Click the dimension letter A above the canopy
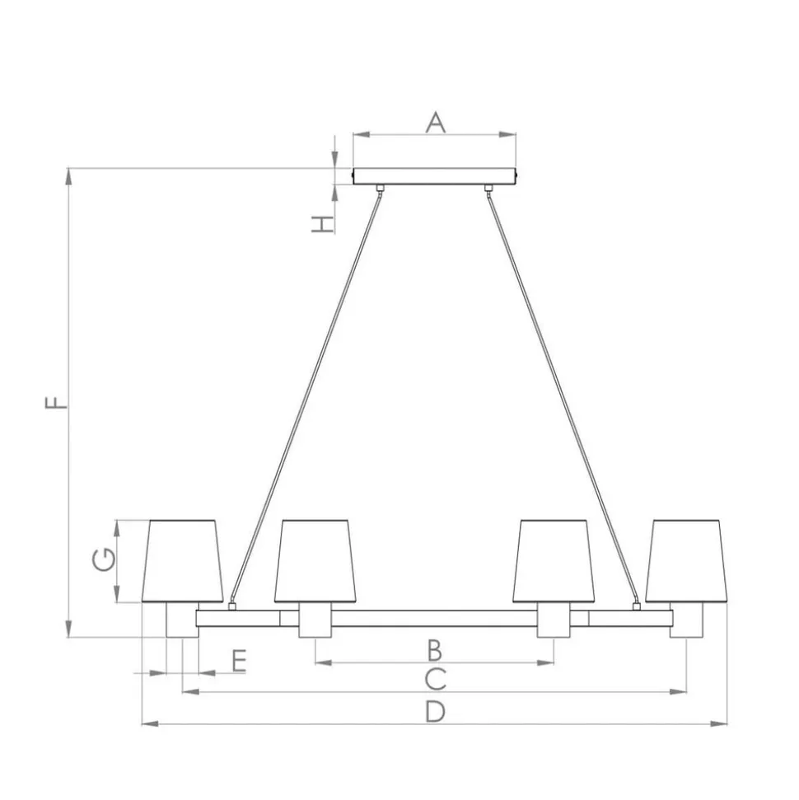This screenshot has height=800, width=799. pyautogui.click(x=435, y=123)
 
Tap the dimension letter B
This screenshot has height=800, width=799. pyautogui.click(x=434, y=650)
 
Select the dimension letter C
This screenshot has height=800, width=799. pyautogui.click(x=435, y=679)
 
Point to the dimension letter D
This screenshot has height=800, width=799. pyautogui.click(x=435, y=711)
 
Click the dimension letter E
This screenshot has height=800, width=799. pyautogui.click(x=240, y=661)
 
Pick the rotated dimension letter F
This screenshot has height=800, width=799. pyautogui.click(x=56, y=402)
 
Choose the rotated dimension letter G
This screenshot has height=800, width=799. pyautogui.click(x=104, y=559)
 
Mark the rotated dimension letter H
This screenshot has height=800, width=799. pyautogui.click(x=323, y=224)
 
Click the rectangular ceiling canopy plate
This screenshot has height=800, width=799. pyautogui.click(x=434, y=176)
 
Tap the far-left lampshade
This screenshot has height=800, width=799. pyautogui.click(x=182, y=561)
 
